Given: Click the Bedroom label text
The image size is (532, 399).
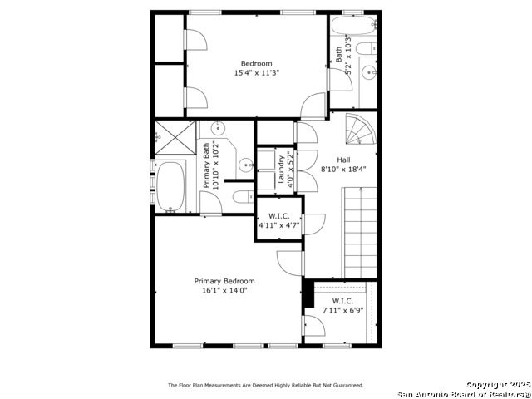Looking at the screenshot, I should click(x=256, y=64).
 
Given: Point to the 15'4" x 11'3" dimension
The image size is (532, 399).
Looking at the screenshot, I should click(x=256, y=73).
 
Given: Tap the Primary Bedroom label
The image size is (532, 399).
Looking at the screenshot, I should click(x=224, y=281).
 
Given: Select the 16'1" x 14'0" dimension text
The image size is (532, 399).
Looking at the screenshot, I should click(x=224, y=290).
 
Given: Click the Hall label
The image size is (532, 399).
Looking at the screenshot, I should click(x=343, y=160).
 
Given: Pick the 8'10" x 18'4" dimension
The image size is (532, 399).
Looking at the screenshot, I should click(x=343, y=169).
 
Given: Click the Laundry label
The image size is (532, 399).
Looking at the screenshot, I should click(x=282, y=168).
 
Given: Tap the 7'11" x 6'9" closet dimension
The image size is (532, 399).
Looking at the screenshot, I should click(x=342, y=310).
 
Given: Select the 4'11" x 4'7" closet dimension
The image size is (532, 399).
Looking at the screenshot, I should click(x=278, y=224).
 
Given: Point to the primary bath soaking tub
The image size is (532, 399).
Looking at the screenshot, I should click(x=173, y=188).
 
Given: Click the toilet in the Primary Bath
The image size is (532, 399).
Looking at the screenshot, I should click(x=242, y=197).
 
